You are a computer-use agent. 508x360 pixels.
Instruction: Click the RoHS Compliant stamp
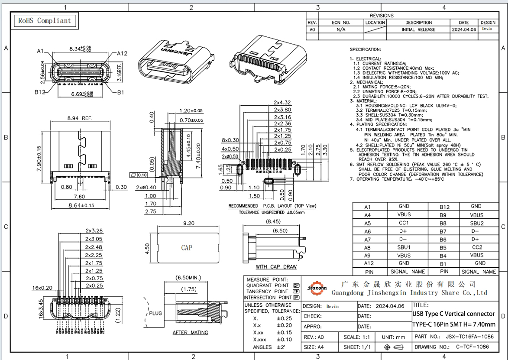[44, 21]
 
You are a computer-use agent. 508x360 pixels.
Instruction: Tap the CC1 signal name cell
[404, 223]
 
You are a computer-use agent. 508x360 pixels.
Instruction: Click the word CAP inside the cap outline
[187, 248]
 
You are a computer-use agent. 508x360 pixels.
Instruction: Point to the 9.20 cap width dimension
[189, 224]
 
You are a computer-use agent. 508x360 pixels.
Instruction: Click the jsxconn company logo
[317, 288]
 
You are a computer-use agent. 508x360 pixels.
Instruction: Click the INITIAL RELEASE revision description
[418, 29]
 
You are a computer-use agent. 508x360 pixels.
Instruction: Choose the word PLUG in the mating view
[155, 313]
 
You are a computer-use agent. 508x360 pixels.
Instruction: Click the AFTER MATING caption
[190, 333]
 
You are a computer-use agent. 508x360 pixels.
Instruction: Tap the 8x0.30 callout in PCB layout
[230, 140]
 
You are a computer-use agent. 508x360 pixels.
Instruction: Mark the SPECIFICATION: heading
[365, 49]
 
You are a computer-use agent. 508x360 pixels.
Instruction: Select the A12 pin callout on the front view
[122, 54]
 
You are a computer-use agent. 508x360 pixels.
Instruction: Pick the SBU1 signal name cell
[404, 247]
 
